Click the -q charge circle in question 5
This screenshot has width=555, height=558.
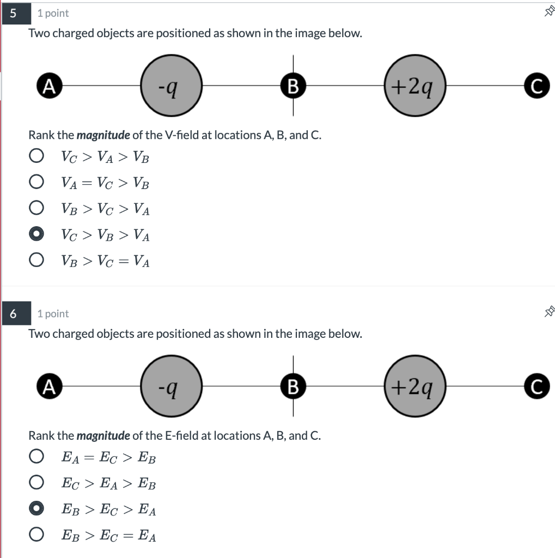[172, 86]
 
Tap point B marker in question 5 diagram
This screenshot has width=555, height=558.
[293, 86]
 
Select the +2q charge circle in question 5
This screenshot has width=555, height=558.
[416, 86]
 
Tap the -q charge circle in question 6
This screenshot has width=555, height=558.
[172, 386]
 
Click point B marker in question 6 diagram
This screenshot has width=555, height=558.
[293, 386]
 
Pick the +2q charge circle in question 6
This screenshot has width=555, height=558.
[416, 386]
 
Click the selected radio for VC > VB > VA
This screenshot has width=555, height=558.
[36, 235]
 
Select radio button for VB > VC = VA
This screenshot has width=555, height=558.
[36, 261]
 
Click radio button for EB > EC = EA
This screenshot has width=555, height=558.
[36, 536]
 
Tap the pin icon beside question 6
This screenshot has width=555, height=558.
[549, 312]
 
